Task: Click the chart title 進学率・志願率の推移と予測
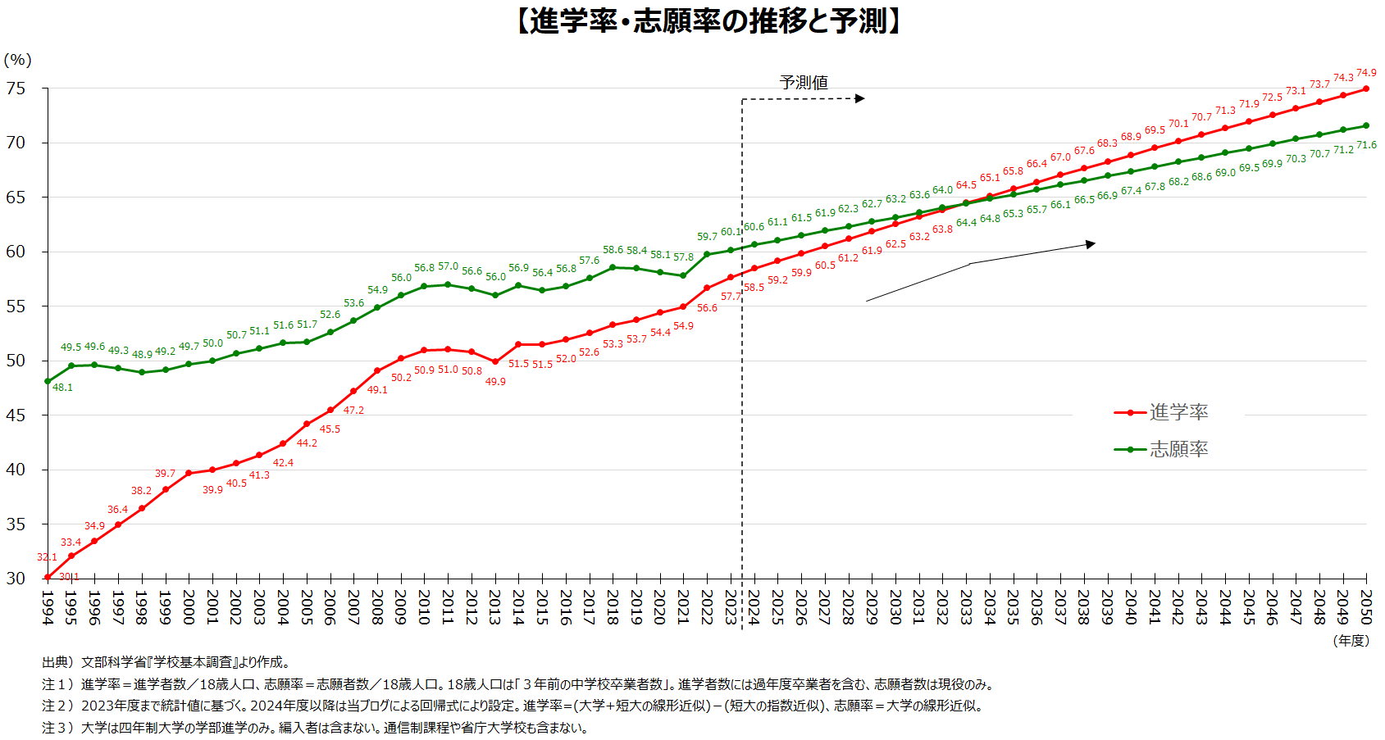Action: pos(710,21)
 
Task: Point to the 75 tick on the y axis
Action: pos(16,89)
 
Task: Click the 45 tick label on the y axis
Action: pos(16,415)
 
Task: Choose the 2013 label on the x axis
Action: pos(494,607)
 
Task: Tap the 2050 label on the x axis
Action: pos(1366,607)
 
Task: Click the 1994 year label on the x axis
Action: pos(48,607)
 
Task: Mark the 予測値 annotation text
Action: pos(804,82)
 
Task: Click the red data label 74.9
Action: pos(1366,73)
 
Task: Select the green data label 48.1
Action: pos(62,388)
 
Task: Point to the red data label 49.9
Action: pos(495,382)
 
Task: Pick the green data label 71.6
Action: pos(1366,145)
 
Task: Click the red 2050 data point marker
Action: pos(1366,89)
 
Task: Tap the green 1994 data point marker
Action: pos(48,381)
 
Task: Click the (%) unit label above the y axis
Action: pos(17,60)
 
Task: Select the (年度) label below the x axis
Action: pos(1351,641)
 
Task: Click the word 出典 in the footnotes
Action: pos(55,662)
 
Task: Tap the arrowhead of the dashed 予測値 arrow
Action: pos(860,98)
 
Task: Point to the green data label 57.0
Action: pos(448,266)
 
